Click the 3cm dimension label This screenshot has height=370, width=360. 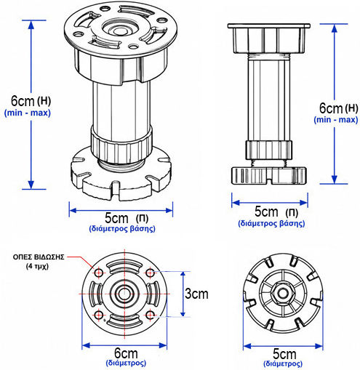pyautogui.click(x=196, y=294)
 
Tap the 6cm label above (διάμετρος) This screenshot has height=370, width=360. pyautogui.click(x=126, y=353)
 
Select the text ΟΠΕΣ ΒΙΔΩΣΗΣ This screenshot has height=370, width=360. pyautogui.click(x=39, y=257)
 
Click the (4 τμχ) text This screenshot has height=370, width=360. pyautogui.click(x=37, y=266)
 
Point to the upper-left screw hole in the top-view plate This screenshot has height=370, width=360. pyautogui.click(x=99, y=273)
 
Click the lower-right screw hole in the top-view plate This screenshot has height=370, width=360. pyautogui.click(x=151, y=315)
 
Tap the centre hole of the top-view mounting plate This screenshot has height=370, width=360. pyautogui.click(x=124, y=294)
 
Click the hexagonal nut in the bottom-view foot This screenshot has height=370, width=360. pyautogui.click(x=283, y=294)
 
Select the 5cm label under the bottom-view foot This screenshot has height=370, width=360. pyautogui.click(x=284, y=354)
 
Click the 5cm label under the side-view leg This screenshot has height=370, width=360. pyautogui.click(x=266, y=212)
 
